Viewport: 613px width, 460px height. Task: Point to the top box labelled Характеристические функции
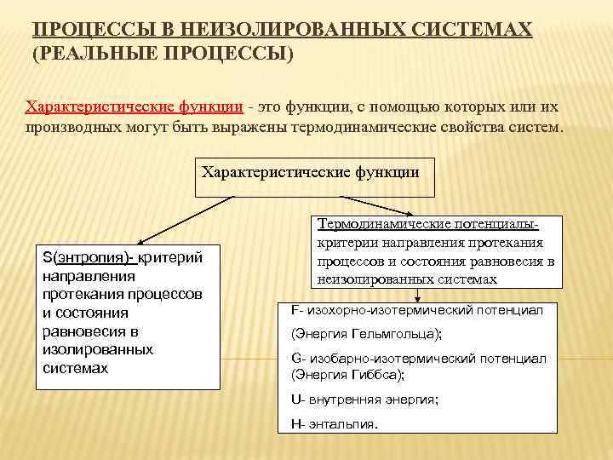pos(310,172)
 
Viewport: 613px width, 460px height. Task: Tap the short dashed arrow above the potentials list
pos(418,295)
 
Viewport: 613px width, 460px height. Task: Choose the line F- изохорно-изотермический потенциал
pos(417,310)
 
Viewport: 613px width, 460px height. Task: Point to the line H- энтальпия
pos(334,423)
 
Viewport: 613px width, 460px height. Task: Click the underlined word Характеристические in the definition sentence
pos(99,106)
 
